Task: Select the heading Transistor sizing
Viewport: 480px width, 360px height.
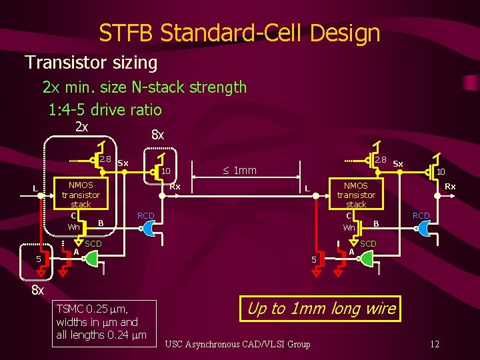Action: click(x=91, y=63)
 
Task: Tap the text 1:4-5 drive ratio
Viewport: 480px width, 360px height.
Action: click(x=105, y=109)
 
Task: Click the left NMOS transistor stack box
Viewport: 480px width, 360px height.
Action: click(x=81, y=200)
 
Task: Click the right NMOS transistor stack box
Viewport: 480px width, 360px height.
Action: click(x=356, y=200)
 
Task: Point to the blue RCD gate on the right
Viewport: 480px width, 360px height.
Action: click(x=423, y=228)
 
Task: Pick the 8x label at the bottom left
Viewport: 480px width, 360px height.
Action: click(x=38, y=291)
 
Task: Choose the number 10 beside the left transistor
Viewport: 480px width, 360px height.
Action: click(x=167, y=171)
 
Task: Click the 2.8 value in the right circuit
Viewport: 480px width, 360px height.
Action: click(x=380, y=160)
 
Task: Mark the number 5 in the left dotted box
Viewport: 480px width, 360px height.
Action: click(x=39, y=259)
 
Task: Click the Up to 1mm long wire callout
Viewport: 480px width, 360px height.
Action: click(x=321, y=309)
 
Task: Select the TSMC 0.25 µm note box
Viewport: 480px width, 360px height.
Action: click(x=106, y=322)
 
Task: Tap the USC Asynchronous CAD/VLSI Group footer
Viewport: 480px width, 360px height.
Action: click(x=237, y=344)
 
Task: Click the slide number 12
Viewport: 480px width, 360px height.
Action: click(x=434, y=344)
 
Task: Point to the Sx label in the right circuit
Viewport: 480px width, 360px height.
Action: click(x=398, y=163)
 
